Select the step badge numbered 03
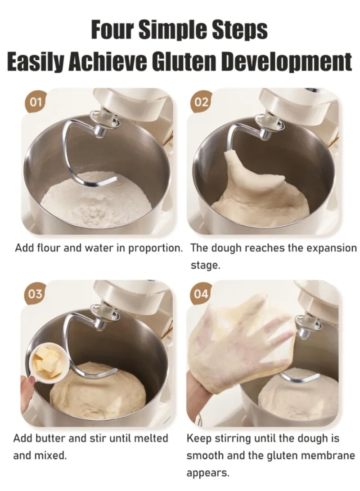(x=36, y=295)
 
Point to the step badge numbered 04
(x=202, y=294)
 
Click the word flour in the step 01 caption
(x=46, y=248)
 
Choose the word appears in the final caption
(x=208, y=473)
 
